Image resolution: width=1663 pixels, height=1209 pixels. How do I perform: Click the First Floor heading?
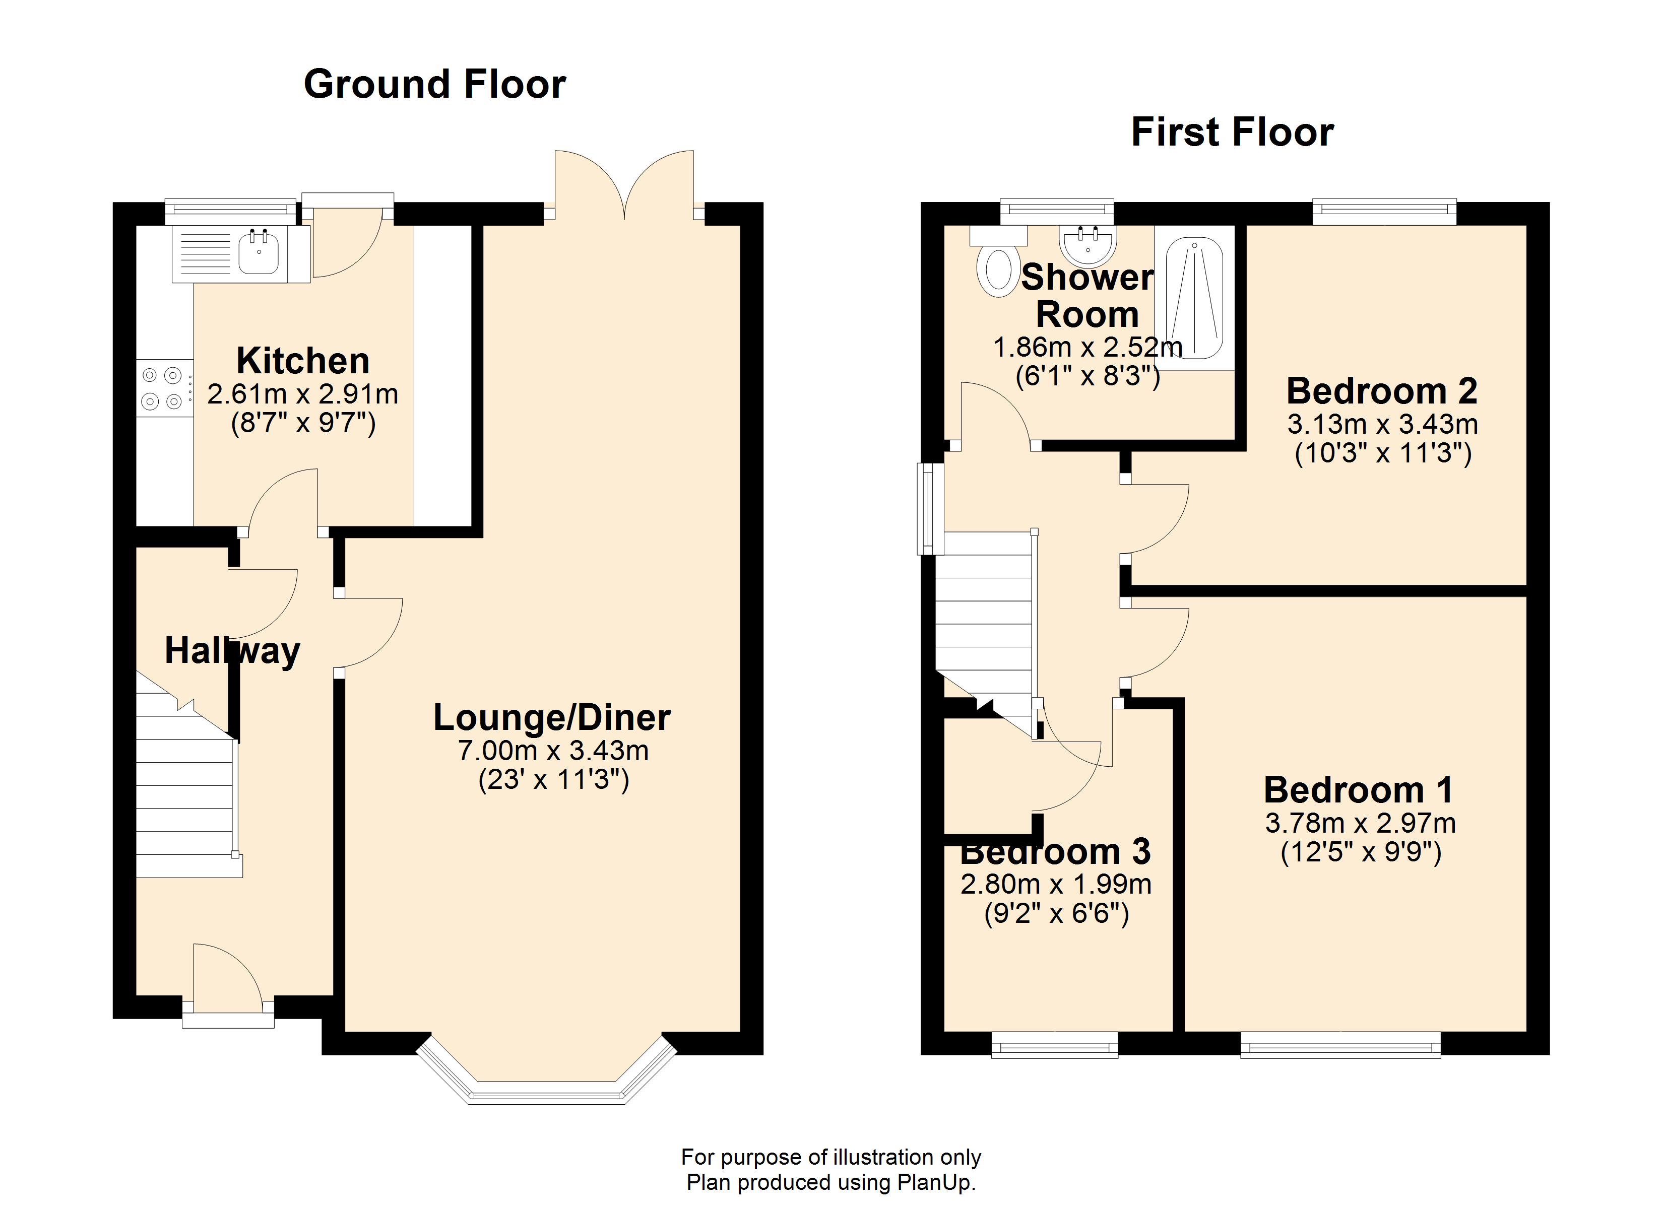coord(1232,132)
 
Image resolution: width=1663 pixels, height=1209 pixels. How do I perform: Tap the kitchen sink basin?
coord(258,254)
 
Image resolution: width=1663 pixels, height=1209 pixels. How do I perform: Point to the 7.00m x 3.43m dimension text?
coord(553,750)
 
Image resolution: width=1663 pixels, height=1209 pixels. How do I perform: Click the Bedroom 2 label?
coord(1381,391)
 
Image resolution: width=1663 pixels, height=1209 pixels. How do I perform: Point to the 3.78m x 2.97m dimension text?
coord(1360,823)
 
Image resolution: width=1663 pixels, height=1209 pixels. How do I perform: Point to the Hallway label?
coord(232,650)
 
